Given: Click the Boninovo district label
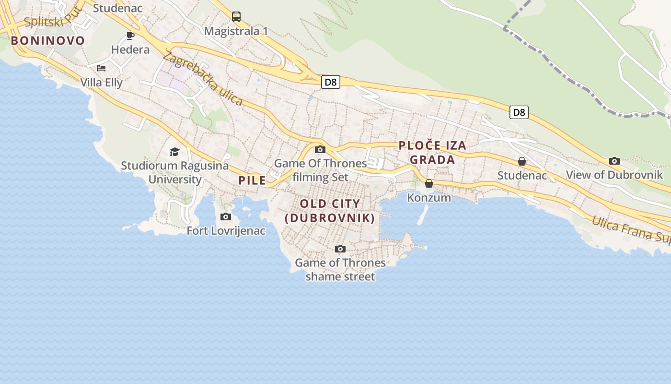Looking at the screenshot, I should (47, 41).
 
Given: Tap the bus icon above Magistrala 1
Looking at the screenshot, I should (236, 17).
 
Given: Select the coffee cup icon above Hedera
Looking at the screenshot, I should (130, 36).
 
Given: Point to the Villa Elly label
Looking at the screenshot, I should (101, 83).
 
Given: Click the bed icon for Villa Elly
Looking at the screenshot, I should (101, 68).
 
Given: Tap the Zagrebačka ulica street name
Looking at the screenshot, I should (203, 78).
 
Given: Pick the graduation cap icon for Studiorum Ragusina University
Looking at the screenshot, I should (174, 152).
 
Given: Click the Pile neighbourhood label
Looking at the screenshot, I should (252, 180).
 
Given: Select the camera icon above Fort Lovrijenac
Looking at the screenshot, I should (226, 217).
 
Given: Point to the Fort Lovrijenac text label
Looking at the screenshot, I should (226, 231).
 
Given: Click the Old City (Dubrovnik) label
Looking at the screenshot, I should (330, 211).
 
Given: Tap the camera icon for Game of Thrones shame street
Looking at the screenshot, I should (340, 249).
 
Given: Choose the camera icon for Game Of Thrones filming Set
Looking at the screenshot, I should (320, 149).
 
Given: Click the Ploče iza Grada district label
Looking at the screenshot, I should (432, 153).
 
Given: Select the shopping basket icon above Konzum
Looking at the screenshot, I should (429, 183).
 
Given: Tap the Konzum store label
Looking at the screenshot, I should (429, 197).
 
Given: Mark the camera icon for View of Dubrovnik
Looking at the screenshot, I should (614, 161).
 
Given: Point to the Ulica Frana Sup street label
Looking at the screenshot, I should (630, 229).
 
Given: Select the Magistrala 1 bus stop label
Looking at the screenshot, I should (236, 31).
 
